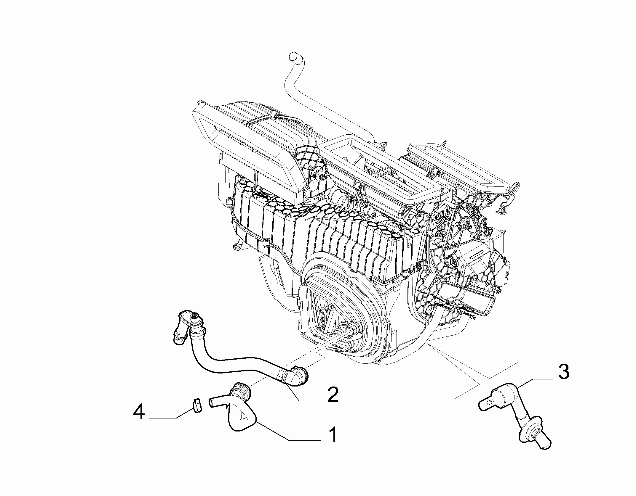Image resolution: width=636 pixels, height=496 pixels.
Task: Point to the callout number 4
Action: point(139,412)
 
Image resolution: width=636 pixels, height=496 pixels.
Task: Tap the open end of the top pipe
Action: point(294,55)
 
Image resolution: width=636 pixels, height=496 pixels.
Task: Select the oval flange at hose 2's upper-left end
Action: point(190,321)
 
